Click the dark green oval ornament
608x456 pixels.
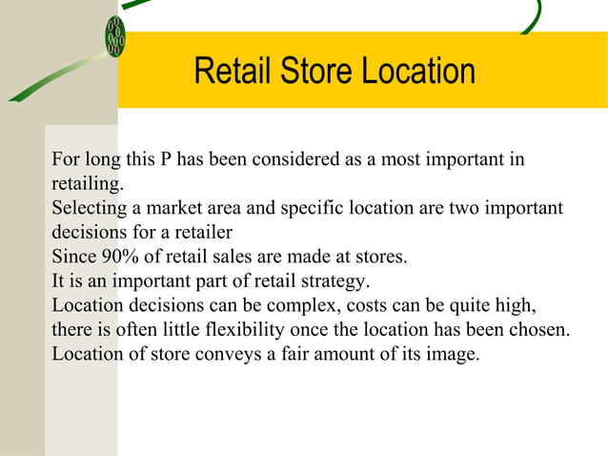pyautogui.click(x=115, y=37)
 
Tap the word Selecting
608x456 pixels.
pyautogui.click(x=88, y=208)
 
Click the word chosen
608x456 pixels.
pyautogui.click(x=542, y=330)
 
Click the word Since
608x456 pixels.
pyautogui.click(x=73, y=257)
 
